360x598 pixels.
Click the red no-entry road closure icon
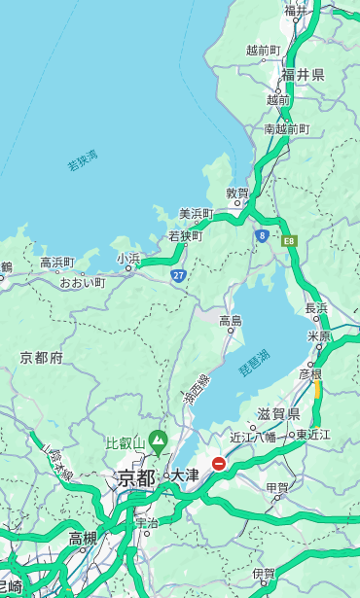(220, 465)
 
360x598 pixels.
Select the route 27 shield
(178, 275)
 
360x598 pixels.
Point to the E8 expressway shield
(288, 239)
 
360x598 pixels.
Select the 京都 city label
(136, 477)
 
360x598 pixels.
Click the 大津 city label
(185, 475)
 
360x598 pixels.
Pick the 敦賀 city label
(237, 193)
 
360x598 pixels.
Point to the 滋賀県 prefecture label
(278, 414)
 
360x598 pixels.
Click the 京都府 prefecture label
(42, 358)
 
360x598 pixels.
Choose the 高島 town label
(231, 320)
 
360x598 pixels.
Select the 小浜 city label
(128, 259)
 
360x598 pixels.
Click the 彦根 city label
(310, 373)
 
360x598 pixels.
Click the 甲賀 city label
(277, 487)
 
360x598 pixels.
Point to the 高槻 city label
(83, 538)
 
